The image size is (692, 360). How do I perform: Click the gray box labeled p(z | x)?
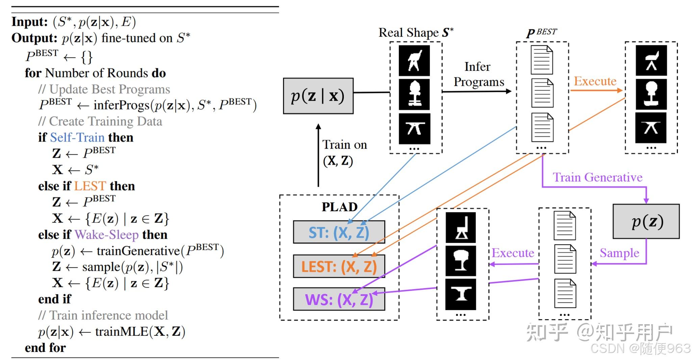click(318, 96)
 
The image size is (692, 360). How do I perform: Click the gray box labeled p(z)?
click(646, 221)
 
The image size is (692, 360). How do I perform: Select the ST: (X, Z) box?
click(339, 232)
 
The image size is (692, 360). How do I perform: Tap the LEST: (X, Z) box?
click(339, 266)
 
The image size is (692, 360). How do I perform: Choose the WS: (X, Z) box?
click(339, 299)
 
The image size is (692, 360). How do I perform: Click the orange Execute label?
click(595, 81)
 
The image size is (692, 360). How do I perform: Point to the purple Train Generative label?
click(597, 177)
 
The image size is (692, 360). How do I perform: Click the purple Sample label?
click(619, 253)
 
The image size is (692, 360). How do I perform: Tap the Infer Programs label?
click(478, 74)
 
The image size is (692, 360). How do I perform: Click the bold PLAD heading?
click(339, 207)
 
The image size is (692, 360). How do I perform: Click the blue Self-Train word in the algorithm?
click(77, 137)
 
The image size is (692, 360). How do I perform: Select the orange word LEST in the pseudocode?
click(90, 186)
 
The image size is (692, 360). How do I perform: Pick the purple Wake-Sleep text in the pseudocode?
click(106, 235)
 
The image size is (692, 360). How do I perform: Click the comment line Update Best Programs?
click(104, 89)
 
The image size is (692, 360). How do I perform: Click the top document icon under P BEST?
click(541, 60)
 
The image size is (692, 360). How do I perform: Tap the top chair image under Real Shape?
click(414, 60)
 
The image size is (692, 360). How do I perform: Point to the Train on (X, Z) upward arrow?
click(318, 155)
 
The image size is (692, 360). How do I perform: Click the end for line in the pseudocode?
click(45, 348)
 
